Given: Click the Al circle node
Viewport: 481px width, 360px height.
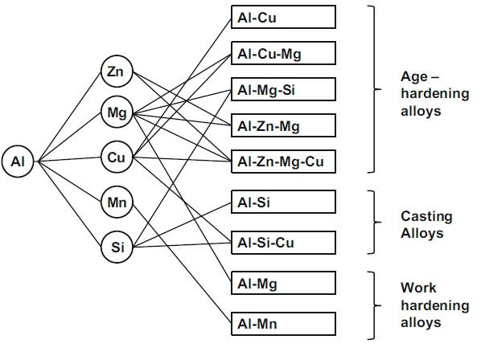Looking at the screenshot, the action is point(18,162).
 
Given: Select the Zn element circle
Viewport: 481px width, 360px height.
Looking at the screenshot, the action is point(117,72).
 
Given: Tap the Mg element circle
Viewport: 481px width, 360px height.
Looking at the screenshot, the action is point(117,112).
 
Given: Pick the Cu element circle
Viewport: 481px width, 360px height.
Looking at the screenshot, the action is point(117,157).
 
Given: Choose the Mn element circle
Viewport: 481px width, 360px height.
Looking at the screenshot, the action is point(117,202).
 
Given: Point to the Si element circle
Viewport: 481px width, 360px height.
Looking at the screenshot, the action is point(117,247).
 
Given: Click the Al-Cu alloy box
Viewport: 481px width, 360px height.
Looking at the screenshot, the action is point(283,17).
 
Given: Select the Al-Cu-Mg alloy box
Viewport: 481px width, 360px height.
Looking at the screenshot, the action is point(283,53).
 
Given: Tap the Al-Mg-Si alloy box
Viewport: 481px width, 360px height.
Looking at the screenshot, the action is point(283,89).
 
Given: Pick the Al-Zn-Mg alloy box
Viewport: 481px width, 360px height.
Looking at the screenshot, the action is point(283,125).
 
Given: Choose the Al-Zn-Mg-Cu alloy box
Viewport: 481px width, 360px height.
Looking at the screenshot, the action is point(283,162).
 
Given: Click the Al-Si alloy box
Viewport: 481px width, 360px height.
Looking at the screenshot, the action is point(283,202).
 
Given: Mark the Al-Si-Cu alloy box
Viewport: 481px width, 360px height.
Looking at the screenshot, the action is point(283,243).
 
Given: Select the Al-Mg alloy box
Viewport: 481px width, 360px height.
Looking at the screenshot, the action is point(283,283).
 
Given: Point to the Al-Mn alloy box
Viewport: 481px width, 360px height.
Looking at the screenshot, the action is point(283,324).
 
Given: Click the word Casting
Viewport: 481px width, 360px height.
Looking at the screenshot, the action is point(426,217).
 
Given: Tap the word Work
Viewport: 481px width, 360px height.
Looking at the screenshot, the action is point(418,288).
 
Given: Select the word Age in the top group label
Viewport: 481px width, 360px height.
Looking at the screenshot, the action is point(414,77).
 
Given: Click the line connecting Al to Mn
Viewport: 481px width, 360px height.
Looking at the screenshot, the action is point(69,182).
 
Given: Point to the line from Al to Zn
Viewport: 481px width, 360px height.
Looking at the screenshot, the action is point(69,117).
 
